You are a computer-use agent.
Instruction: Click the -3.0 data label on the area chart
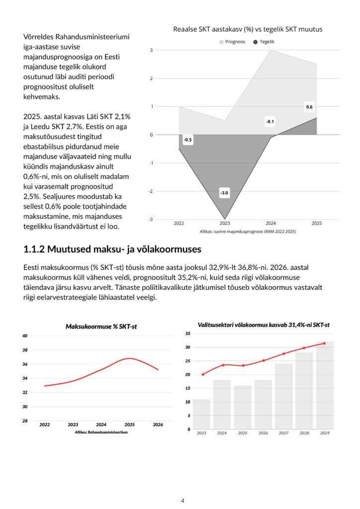coord(225,193)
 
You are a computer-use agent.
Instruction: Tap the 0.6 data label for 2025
coord(309,107)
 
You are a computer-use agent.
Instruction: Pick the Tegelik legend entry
coord(264,42)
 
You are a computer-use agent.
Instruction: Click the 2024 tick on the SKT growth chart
coord(271,223)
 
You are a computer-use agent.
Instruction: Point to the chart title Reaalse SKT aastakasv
coord(248,29)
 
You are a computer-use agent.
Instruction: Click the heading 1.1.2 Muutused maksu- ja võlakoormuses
coord(112,248)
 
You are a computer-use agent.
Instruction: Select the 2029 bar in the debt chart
coord(325,385)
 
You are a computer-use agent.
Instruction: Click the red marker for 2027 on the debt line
coord(284,353)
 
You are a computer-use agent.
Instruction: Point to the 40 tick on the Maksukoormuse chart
coord(25,336)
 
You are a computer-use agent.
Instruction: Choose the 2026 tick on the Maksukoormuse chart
coord(158,424)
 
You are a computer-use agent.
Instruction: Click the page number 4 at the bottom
coord(182,500)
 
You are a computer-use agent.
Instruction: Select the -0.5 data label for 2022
coord(187,140)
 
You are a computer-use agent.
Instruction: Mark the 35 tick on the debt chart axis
coord(187,333)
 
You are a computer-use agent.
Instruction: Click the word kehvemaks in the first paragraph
coord(42,97)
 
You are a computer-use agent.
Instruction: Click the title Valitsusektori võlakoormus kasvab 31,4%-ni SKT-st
coord(264,325)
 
